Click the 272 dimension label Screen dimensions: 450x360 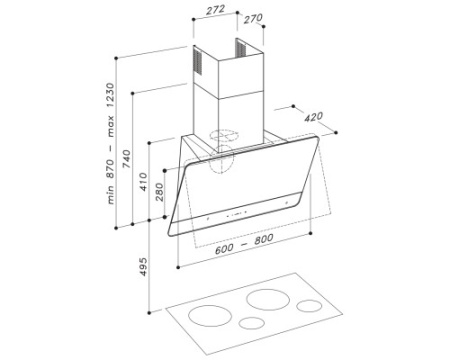[216, 9]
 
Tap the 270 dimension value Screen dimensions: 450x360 [253, 19]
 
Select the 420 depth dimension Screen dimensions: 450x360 [313, 117]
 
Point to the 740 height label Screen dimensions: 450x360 [127, 159]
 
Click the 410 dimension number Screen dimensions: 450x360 [143, 182]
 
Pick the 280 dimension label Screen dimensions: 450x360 [160, 192]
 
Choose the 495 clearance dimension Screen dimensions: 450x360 [143, 267]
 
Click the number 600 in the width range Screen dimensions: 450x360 [224, 249]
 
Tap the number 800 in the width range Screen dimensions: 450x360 [264, 239]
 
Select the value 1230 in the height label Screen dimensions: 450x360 [110, 95]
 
